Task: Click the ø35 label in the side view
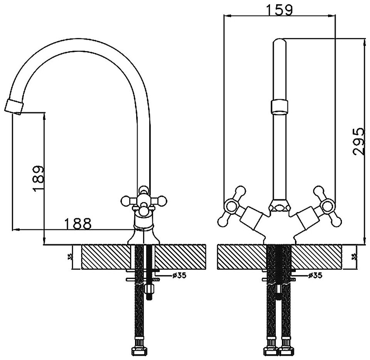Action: tap(169, 275)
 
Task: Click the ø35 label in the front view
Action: tap(315, 275)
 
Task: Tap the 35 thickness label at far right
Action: tap(354, 257)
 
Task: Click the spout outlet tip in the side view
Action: tap(14, 106)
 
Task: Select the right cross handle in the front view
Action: tap(326, 207)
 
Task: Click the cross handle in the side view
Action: tap(143, 201)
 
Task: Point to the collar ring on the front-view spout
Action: tap(280, 106)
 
